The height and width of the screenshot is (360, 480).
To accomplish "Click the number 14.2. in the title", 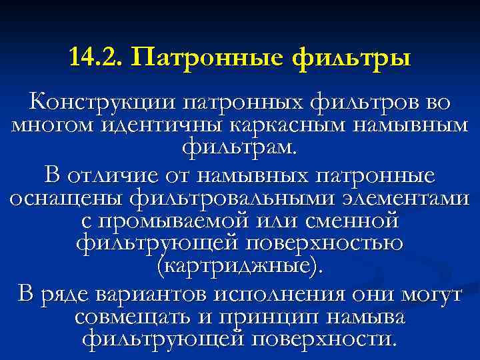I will pyautogui.click(x=95, y=57).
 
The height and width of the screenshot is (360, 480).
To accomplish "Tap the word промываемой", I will pyautogui.click(x=167, y=221).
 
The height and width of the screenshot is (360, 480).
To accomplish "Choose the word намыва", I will pyautogui.click(x=367, y=317).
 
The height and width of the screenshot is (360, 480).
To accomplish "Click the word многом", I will pyautogui.click(x=49, y=125).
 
